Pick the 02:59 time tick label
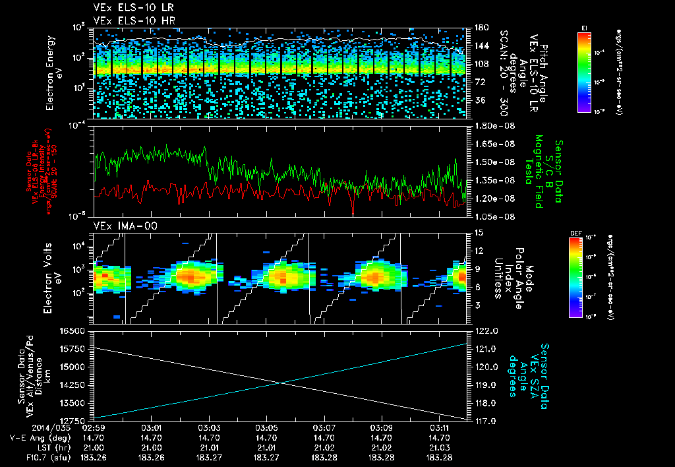click(95, 427)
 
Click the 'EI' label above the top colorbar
click(584, 27)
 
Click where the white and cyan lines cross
click(281, 383)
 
